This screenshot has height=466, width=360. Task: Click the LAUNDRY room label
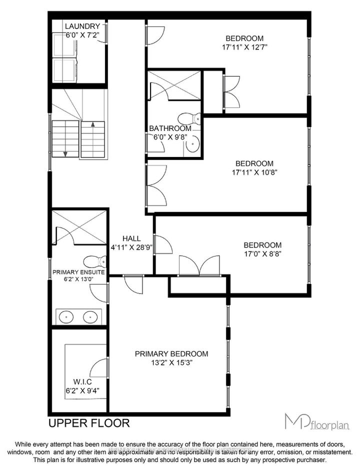coord(82,26)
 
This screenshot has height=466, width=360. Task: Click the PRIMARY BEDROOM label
coord(171,353)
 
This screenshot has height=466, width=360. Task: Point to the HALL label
coord(131,238)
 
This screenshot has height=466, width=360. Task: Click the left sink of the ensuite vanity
coord(66,316)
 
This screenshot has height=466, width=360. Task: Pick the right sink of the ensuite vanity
coord(90,316)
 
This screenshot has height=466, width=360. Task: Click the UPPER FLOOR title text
coord(88,423)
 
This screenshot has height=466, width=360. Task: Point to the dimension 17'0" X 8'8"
coord(262,254)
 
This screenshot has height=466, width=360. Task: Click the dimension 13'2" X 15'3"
coord(171,363)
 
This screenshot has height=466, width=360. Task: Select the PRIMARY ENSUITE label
coord(78,272)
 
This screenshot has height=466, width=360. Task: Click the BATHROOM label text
coord(170,128)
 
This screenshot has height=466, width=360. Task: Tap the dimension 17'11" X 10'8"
coord(254,172)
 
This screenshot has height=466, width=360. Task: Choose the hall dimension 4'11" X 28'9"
coord(131,247)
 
